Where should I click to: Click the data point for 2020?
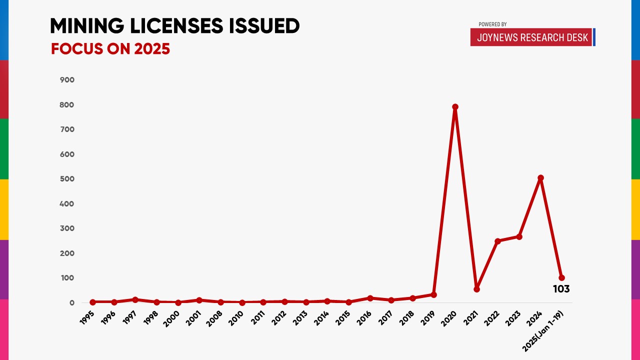(x=455, y=107)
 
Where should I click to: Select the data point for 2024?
(x=540, y=178)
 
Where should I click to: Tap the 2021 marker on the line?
(x=476, y=289)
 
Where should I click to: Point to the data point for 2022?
(x=497, y=241)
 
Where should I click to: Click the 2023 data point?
(x=519, y=236)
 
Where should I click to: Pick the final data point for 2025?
(x=561, y=277)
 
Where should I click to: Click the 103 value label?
(x=561, y=289)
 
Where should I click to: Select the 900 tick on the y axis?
(x=67, y=80)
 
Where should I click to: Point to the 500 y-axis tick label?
(x=67, y=179)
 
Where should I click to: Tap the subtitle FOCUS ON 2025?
(x=110, y=49)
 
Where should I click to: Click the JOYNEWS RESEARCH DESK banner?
(x=532, y=37)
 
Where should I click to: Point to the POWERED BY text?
(x=492, y=24)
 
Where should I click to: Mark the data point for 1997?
(x=135, y=299)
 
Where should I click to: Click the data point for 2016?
(x=370, y=298)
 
